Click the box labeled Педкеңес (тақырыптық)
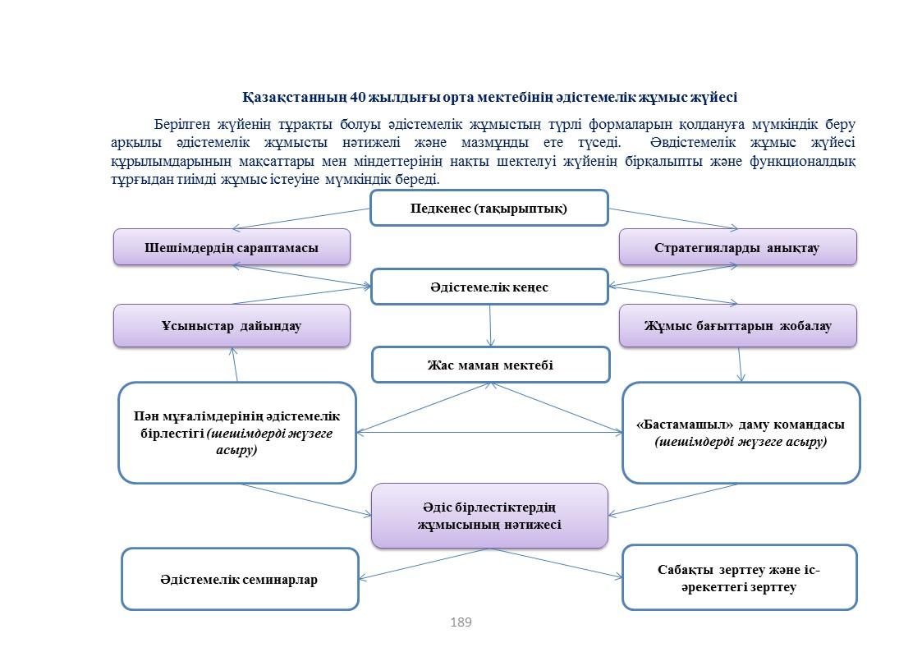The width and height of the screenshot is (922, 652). [x=489, y=208]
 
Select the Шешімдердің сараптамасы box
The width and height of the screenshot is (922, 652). [x=232, y=247]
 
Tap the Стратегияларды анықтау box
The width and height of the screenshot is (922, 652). [x=738, y=247]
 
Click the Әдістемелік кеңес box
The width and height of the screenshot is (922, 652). [x=489, y=287]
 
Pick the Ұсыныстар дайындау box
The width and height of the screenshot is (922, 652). [x=232, y=326]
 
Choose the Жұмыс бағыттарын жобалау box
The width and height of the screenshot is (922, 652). [x=738, y=326]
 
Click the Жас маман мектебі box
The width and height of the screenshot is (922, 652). [x=490, y=365]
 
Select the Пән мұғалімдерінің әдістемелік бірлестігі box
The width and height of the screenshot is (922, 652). [x=237, y=433]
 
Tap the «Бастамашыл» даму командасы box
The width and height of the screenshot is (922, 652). [x=741, y=433]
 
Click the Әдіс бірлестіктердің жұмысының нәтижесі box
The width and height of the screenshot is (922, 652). [x=489, y=516]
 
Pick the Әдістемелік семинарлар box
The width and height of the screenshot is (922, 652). [x=240, y=579]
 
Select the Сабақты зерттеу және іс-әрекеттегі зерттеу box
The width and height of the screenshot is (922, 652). [x=739, y=577]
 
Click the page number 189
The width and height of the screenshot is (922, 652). [x=461, y=622]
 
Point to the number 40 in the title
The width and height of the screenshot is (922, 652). [x=357, y=97]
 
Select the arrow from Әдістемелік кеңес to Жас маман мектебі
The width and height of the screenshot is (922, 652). [x=490, y=326]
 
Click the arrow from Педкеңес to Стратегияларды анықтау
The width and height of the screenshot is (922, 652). [x=673, y=218]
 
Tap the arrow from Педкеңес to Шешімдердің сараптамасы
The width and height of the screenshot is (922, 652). [x=301, y=218]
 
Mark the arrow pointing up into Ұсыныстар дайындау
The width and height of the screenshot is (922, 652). [x=235, y=365]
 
